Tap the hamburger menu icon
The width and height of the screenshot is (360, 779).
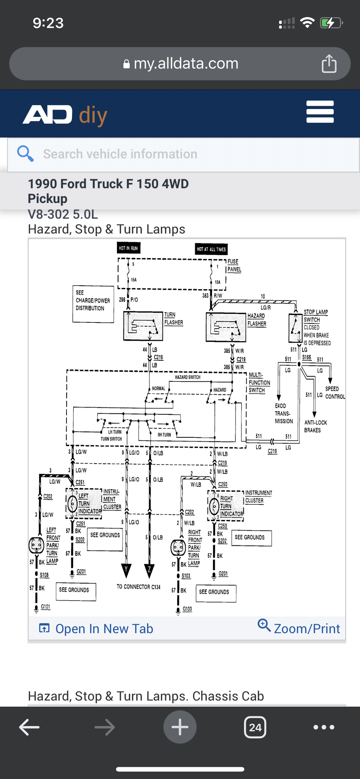320,112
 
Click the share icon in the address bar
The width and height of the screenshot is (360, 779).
329,64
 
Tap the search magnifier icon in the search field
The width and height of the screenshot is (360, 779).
25,154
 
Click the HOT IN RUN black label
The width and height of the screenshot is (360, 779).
128,248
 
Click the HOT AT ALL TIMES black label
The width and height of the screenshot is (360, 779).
211,249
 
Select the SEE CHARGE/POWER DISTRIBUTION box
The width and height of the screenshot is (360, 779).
93,304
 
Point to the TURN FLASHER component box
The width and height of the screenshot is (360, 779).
143,326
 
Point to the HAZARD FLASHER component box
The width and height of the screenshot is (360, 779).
226,327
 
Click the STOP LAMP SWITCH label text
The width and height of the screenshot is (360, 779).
315,316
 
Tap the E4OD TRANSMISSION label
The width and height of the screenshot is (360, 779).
283,414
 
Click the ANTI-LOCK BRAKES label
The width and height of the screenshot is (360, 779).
315,426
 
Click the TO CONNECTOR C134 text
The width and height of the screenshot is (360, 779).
139,587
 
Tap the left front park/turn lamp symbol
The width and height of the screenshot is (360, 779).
36,545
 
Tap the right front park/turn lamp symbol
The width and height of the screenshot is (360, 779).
178,547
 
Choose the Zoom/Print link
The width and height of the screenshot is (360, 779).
299,628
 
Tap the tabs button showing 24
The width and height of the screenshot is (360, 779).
255,727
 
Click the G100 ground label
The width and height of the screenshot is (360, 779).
187,609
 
